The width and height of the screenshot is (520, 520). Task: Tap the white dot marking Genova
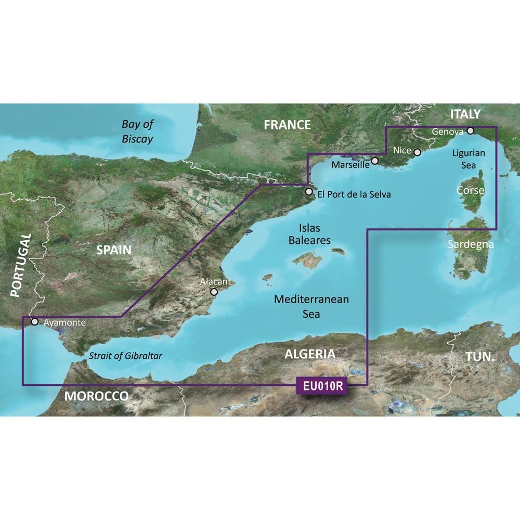click(x=470, y=131)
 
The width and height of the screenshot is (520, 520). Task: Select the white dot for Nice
click(x=417, y=152)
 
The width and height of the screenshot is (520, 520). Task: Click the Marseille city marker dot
click(x=375, y=162)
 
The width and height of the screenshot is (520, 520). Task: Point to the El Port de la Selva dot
click(x=309, y=192)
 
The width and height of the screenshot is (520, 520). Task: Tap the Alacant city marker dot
click(x=213, y=293)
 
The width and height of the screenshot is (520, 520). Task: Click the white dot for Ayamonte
click(x=35, y=322)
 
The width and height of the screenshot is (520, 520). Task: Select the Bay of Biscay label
click(x=137, y=132)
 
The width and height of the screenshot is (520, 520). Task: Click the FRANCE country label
click(x=287, y=125)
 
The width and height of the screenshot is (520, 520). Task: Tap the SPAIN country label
click(x=113, y=250)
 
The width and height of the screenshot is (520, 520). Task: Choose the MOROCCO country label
click(x=97, y=396)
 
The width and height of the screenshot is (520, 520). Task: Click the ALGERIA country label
click(x=310, y=355)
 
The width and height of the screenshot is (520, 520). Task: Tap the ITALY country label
click(x=465, y=114)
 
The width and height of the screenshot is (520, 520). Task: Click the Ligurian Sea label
click(x=469, y=159)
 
